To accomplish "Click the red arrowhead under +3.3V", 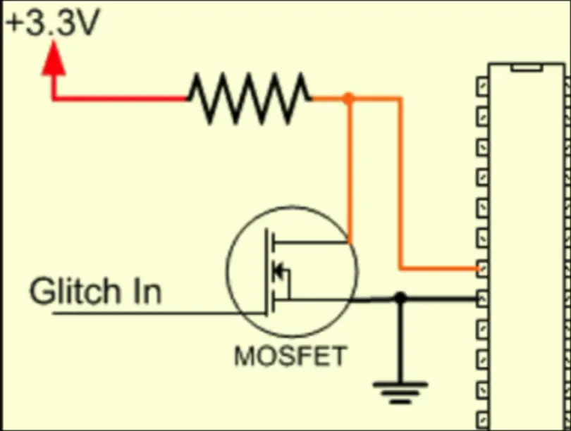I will click(x=54, y=60).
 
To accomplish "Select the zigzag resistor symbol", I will click(x=249, y=98).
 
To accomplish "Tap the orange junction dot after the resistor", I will click(x=348, y=98).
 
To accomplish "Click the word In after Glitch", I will click(x=146, y=291).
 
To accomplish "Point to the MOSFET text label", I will click(x=290, y=356).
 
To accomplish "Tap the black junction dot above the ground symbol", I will click(x=400, y=299).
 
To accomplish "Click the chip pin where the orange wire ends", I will click(x=482, y=268).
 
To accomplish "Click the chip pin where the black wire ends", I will click(x=482, y=299).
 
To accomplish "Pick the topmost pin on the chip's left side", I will click(x=482, y=85).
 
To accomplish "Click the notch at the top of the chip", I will click(x=527, y=67).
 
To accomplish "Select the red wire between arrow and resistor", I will click(x=120, y=98).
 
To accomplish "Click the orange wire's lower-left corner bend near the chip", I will click(x=401, y=268).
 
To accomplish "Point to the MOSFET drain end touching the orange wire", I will click(x=348, y=243).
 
